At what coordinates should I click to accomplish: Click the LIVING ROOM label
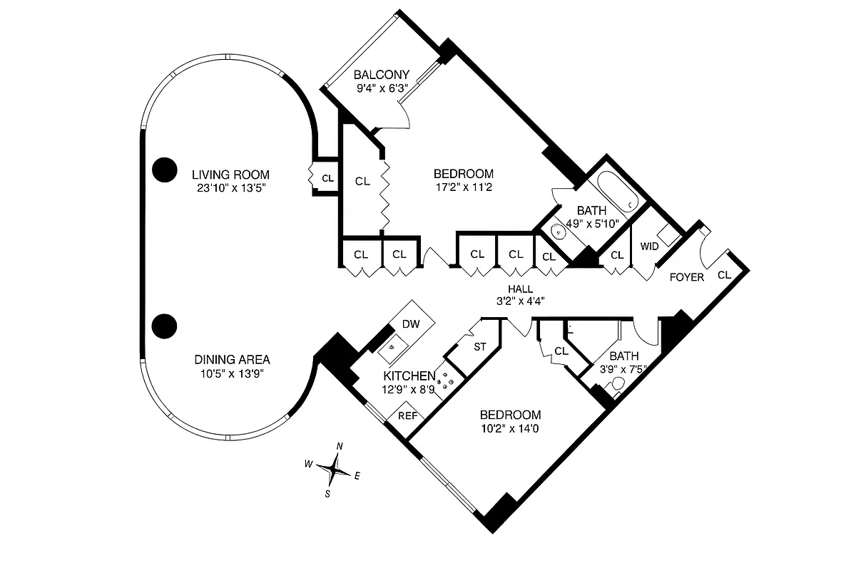pos(230,175)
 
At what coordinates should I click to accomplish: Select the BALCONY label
pos(382,75)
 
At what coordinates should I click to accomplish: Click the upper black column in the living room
pos(165,169)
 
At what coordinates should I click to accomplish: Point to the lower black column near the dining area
pos(165,326)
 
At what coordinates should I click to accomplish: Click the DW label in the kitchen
pos(411,324)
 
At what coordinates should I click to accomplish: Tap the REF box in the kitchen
pos(407,416)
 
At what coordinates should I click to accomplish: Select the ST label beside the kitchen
pos(480,347)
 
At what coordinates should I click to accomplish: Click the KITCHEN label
pos(409,375)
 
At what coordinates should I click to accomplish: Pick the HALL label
pos(520,289)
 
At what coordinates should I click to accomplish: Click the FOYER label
pos(686,277)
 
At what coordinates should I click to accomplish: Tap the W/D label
pos(649,247)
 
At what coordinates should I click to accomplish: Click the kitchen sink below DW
pos(393,349)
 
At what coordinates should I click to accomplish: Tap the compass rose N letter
pos(340,447)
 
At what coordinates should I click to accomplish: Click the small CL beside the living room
pos(327,179)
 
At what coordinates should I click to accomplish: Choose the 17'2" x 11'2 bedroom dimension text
pos(463,188)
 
